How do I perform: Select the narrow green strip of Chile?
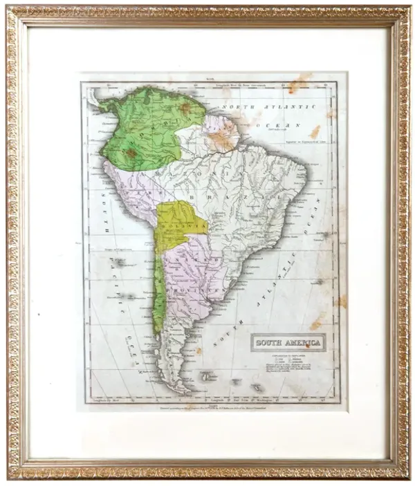pos(159,297)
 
